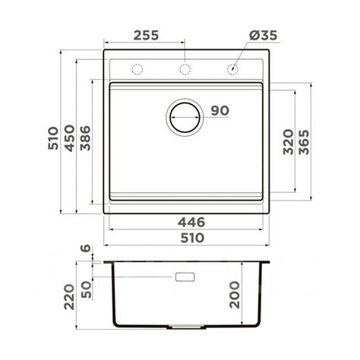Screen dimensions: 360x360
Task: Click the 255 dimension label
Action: pyautogui.click(x=146, y=35)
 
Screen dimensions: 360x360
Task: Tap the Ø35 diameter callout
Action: pyautogui.click(x=264, y=35)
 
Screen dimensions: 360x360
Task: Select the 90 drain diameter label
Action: pyautogui.click(x=220, y=111)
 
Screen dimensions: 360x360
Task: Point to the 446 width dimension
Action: pyautogui.click(x=191, y=223)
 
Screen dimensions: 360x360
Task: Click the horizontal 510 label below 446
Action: pyautogui.click(x=192, y=238)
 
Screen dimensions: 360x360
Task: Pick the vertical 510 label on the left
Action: pyautogui.click(x=53, y=138)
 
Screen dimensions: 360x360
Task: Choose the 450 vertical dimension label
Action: pyautogui.click(x=70, y=138)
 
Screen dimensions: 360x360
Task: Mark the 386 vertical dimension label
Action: pyautogui.click(x=85, y=138)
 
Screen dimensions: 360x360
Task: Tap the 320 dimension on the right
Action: pyautogui.click(x=289, y=142)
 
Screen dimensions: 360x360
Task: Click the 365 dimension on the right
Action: pyautogui.click(x=304, y=142)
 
